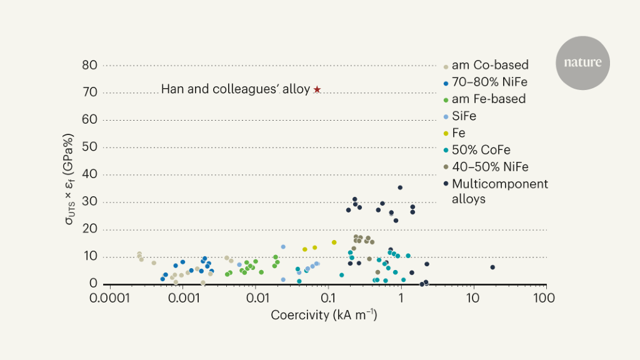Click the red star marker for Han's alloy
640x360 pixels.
[317, 90]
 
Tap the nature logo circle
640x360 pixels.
[582, 62]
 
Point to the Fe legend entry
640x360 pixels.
[459, 132]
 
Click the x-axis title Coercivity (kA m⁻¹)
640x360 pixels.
[324, 315]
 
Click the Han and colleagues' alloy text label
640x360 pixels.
[236, 89]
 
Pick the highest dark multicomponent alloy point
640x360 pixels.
[400, 187]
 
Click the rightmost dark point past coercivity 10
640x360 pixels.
[492, 267]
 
